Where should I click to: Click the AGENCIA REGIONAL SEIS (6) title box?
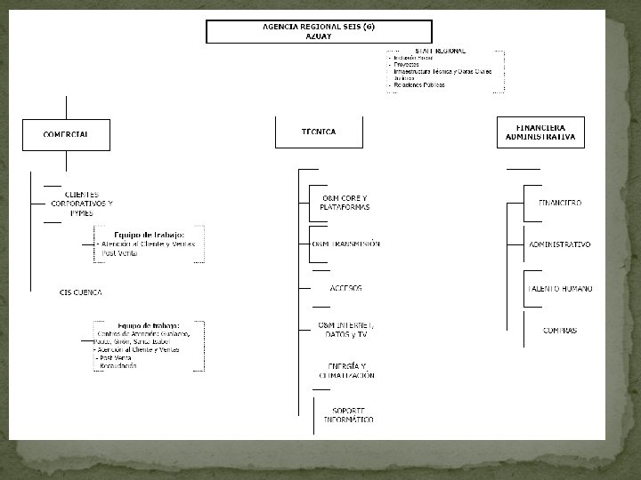[319, 31]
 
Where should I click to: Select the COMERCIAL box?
[66, 134]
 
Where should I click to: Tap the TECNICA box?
[319, 132]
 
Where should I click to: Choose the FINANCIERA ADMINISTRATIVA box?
[540, 132]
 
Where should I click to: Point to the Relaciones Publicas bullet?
[418, 85]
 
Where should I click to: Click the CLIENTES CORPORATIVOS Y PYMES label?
[82, 204]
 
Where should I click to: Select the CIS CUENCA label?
[80, 292]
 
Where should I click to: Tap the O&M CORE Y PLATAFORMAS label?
[345, 203]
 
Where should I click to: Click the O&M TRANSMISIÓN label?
[346, 244]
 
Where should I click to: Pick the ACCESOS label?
[345, 288]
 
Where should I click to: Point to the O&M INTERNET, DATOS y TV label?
[346, 330]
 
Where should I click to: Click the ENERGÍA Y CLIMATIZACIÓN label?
[347, 371]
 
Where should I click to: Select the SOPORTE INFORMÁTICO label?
[348, 414]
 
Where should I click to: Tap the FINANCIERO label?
[561, 203]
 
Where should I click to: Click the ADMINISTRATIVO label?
[560, 244]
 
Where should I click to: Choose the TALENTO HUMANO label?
[561, 288]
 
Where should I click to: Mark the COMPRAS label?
[560, 330]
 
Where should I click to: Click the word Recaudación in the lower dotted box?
[118, 365]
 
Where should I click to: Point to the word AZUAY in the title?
[319, 36]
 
